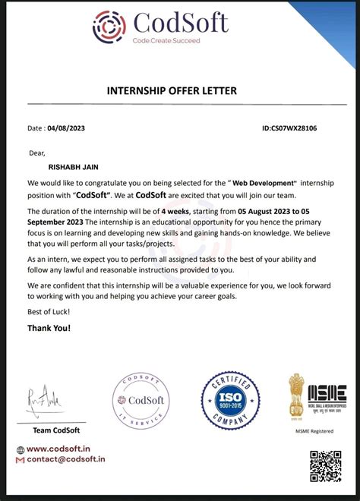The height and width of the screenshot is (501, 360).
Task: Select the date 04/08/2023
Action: click(x=66, y=128)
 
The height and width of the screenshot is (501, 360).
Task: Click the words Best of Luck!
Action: click(x=49, y=312)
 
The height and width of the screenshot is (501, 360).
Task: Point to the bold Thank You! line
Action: click(x=49, y=328)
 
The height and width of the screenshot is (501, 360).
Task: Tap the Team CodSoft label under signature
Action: click(x=56, y=431)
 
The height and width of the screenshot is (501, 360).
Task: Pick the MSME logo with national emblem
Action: click(x=317, y=399)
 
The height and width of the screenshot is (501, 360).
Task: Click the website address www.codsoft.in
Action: click(x=65, y=449)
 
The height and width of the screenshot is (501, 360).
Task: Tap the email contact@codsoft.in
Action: click(x=66, y=459)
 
